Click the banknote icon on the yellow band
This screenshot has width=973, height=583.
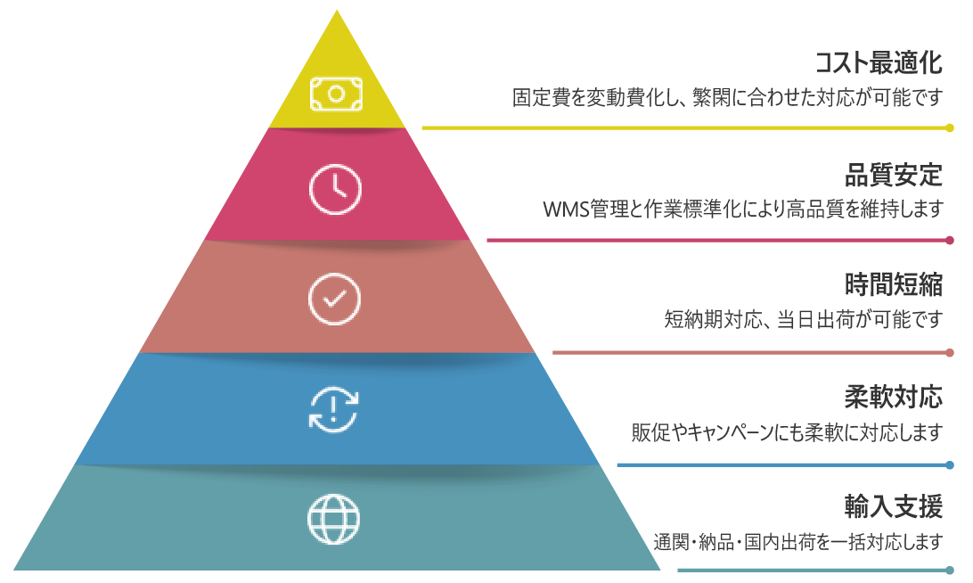click(x=336, y=94)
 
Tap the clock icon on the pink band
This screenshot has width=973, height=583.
click(x=335, y=189)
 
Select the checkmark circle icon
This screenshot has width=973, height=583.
click(x=334, y=299)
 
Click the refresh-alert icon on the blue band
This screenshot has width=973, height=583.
click(x=334, y=409)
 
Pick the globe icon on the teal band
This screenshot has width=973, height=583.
click(x=334, y=519)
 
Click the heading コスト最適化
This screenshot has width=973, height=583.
click(x=879, y=62)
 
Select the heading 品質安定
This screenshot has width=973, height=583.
click(x=893, y=175)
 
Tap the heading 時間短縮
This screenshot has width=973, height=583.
click(x=893, y=284)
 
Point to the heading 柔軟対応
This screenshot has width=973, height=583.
click(x=893, y=396)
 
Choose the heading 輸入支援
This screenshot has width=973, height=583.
click(x=893, y=506)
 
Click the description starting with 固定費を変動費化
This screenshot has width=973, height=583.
click(x=727, y=96)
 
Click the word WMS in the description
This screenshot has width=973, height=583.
click(x=562, y=209)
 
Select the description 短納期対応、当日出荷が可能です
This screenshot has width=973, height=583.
click(x=803, y=318)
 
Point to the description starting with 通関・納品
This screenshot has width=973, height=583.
click(x=797, y=541)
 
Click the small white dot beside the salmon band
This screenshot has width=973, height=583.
click(x=540, y=351)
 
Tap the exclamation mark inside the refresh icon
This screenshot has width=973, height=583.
click(x=334, y=408)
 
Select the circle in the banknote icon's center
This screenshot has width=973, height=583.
click(x=336, y=94)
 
